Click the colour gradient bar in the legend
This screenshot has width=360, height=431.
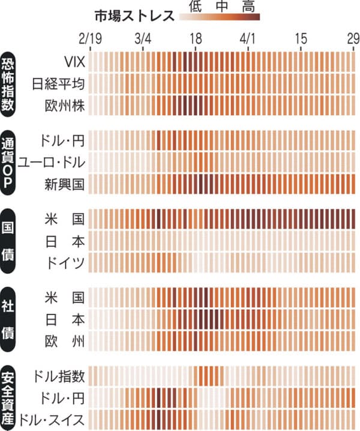coord(220,17)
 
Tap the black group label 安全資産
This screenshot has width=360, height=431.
coord(10,397)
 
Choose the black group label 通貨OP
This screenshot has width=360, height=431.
coord(10,161)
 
